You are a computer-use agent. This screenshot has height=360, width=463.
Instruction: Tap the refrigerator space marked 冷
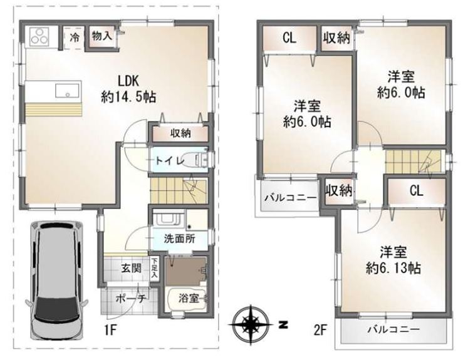[x=74, y=38]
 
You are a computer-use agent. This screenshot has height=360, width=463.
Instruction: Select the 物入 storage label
[x=102, y=36]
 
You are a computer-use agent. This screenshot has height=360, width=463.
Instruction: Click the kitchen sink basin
[x=67, y=90]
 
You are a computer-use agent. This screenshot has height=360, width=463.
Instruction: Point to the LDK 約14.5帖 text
[x=128, y=88]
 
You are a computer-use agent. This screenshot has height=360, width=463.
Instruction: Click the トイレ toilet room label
[x=170, y=160]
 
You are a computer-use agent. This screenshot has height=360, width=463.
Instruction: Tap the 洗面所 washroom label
[x=180, y=239]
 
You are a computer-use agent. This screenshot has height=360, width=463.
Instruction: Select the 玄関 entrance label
[x=132, y=269]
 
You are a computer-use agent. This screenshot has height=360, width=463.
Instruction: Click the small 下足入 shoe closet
[x=154, y=267]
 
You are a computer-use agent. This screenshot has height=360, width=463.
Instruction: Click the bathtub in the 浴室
[x=187, y=298]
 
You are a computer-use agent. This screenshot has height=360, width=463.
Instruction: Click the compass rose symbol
[x=251, y=325]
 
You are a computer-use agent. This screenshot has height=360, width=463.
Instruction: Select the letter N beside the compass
[x=283, y=325]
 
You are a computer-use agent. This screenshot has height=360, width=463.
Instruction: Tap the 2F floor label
[x=320, y=331]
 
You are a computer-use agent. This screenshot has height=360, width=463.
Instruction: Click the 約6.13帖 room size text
[x=393, y=268]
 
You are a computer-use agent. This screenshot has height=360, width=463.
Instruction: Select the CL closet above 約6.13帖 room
[x=417, y=191]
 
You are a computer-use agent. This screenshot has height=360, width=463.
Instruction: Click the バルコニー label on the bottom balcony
[x=393, y=329]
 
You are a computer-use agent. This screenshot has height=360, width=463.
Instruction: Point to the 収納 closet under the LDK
[x=180, y=134]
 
